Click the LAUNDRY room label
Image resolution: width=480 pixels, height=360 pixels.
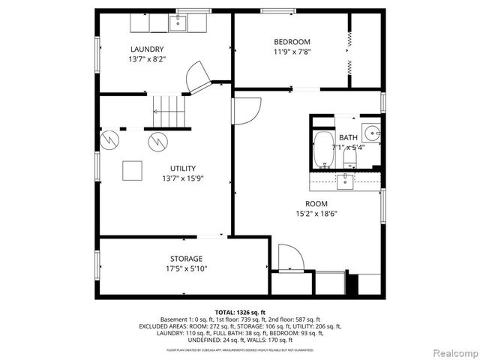click(x=147, y=49)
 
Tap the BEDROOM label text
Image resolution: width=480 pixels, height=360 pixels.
click(x=291, y=42)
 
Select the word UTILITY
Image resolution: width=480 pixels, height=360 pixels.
click(x=184, y=168)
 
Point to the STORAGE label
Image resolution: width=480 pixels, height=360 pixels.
click(x=185, y=259)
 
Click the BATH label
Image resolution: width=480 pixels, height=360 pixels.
click(x=348, y=137)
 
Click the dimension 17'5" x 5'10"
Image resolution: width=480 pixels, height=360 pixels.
click(x=185, y=268)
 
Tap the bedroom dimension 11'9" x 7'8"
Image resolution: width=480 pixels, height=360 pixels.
click(x=291, y=52)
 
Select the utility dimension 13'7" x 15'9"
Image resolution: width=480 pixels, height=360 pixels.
click(x=184, y=178)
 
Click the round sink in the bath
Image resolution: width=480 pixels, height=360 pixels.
click(x=371, y=133)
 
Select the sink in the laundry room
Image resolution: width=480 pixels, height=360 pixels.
click(x=177, y=23)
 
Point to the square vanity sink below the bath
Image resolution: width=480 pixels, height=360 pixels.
click(x=345, y=180)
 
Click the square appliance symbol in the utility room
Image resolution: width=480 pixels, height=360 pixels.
click(x=133, y=170)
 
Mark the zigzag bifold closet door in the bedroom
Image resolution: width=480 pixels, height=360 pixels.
click(x=349, y=50)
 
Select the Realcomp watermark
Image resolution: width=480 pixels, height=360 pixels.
click(x=453, y=352)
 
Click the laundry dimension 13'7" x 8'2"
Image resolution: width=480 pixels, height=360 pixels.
click(x=147, y=59)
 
